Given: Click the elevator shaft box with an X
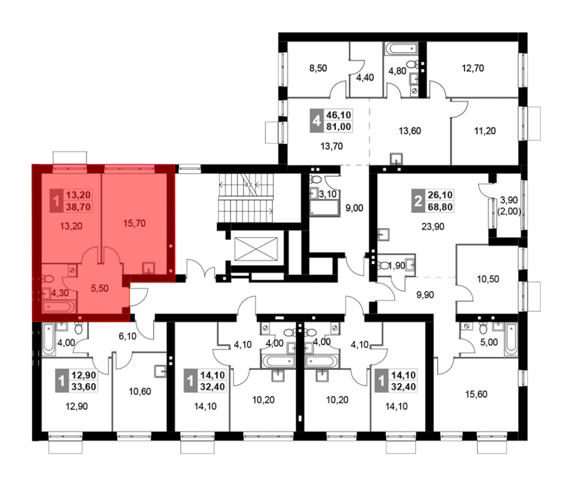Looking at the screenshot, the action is (256, 249).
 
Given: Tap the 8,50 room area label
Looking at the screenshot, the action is (318, 68).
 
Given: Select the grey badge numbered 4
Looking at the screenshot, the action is (316, 120).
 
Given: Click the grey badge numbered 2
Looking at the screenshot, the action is (418, 200).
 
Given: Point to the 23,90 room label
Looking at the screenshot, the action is (432, 227).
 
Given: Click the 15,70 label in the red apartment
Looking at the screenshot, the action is (135, 224).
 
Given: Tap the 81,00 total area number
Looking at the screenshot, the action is (339, 127).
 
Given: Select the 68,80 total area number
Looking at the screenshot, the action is (440, 207).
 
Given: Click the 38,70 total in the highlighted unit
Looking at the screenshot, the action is (78, 207).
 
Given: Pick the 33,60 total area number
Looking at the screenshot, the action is (83, 387).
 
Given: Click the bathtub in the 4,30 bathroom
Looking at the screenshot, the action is (59, 307).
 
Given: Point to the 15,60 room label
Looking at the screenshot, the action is (476, 394).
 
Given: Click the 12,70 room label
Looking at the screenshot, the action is (473, 68).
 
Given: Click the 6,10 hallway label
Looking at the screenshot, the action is (127, 336).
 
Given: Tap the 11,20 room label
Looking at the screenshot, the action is (485, 131).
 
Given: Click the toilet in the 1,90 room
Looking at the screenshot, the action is (383, 266).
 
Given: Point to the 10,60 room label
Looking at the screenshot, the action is (140, 391).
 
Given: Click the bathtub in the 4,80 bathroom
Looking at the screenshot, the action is (401, 48).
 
